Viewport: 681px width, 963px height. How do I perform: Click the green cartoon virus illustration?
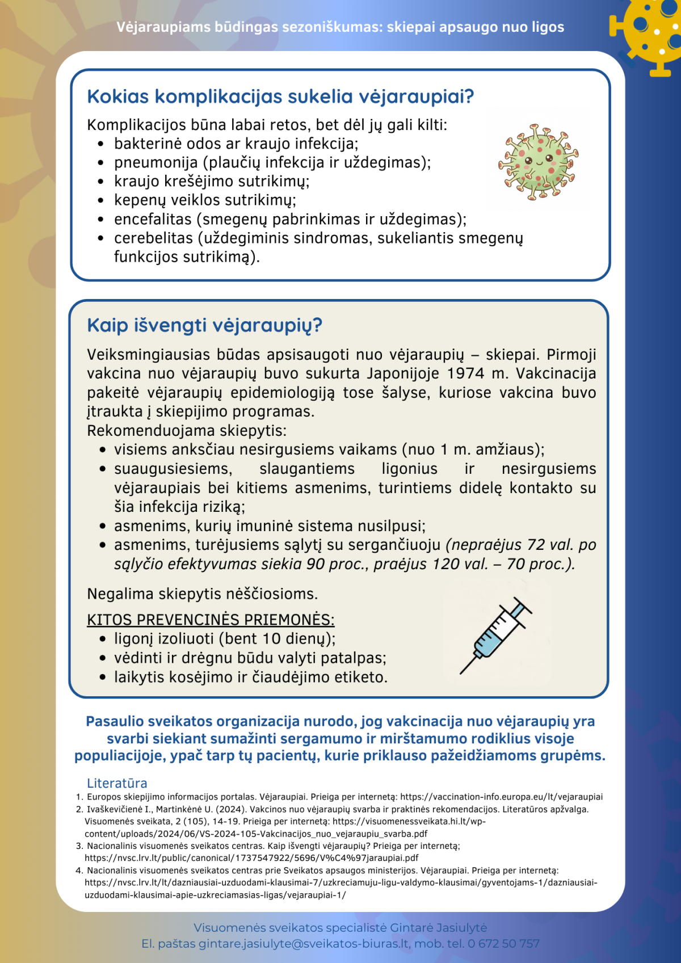point(538,162)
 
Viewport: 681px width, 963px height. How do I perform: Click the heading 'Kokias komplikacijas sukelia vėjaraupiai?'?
point(280,97)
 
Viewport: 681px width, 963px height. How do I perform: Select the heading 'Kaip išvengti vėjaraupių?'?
point(204,326)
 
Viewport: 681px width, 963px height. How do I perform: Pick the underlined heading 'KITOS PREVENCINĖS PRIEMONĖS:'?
point(211,620)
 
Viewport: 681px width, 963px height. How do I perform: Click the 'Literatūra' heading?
point(117,783)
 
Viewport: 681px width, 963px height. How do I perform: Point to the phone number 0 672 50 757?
point(503,944)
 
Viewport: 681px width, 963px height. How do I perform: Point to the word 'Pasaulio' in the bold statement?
point(115,721)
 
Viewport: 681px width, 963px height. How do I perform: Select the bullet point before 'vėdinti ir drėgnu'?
point(102,658)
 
